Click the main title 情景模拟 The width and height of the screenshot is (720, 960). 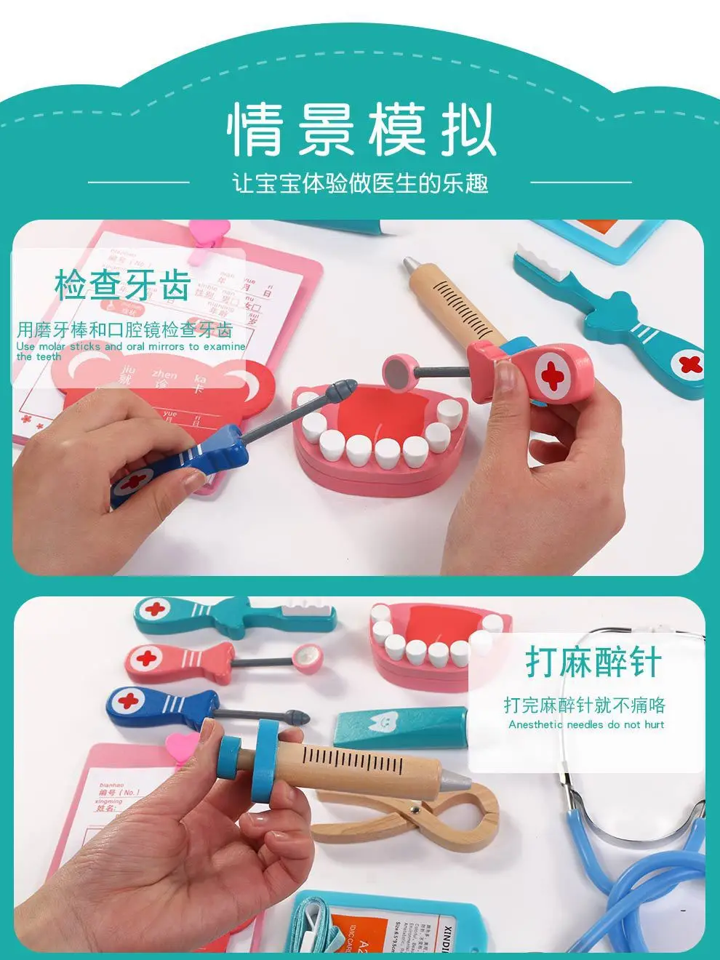point(361,129)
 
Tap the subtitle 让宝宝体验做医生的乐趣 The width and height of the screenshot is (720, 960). point(360,183)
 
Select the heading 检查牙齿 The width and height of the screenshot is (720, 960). point(122,284)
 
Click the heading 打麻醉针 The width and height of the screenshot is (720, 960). point(593,663)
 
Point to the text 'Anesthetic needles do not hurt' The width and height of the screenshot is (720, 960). point(586,724)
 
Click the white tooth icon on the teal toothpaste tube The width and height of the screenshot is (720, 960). point(379,721)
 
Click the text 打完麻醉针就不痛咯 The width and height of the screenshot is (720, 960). point(585,705)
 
